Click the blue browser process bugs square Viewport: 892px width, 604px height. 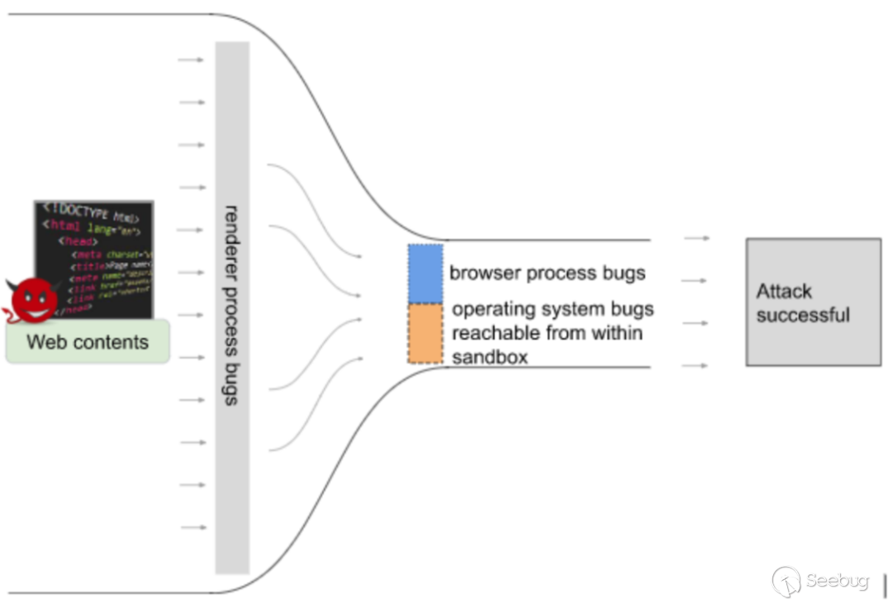[x=425, y=273]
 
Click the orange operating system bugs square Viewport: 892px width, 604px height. [x=425, y=333]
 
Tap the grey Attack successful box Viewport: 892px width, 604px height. [x=813, y=302]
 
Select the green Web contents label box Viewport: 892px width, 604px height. [x=88, y=341]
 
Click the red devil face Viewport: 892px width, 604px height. [x=33, y=300]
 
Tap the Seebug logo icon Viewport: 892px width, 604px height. [x=785, y=582]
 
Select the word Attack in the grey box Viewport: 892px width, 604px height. [x=784, y=292]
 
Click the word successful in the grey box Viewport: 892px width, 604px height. [x=803, y=315]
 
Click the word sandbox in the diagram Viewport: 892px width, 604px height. [x=490, y=357]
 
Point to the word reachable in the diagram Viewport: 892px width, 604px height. [x=491, y=333]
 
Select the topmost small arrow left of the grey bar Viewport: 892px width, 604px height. [x=191, y=60]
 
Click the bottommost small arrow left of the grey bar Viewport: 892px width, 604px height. [x=193, y=527]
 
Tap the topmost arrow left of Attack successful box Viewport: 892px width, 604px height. [x=696, y=238]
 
